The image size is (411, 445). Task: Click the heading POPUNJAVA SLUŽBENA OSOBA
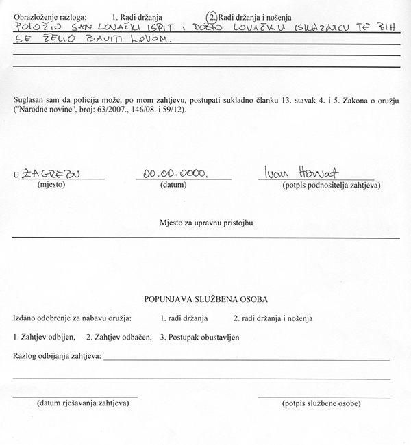206,299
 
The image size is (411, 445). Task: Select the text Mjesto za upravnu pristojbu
206,224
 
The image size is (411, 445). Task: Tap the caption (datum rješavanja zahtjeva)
75,403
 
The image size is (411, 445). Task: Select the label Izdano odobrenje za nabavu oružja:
73,318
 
